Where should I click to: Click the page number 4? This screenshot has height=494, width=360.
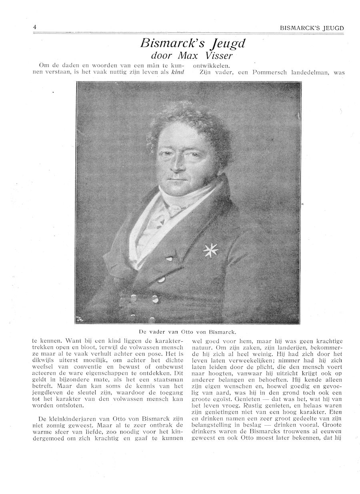tap(35, 27)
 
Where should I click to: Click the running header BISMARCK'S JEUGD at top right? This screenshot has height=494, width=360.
tap(312, 28)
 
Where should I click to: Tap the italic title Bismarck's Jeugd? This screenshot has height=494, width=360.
tap(192, 43)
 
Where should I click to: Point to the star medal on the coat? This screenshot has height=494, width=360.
tap(210, 250)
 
